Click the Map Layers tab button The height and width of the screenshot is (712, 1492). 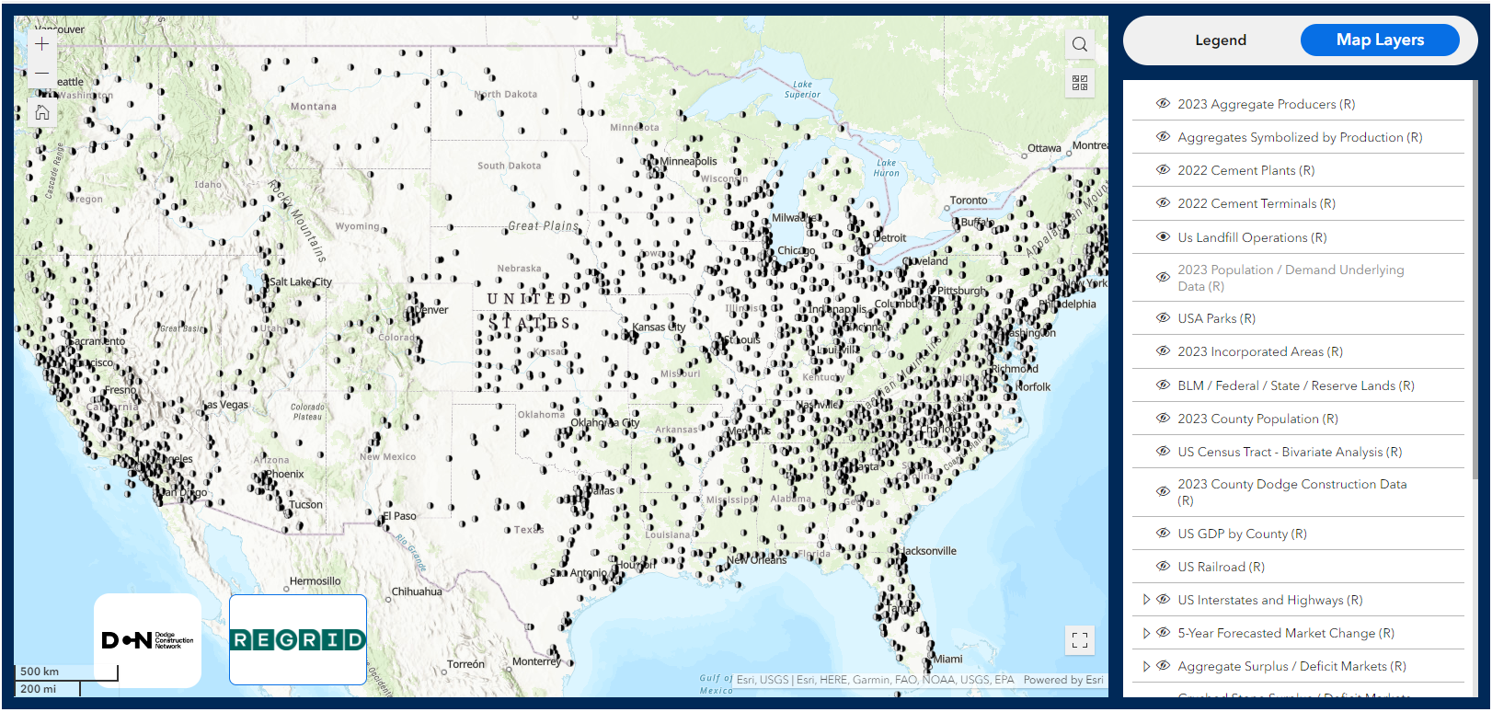click(x=1379, y=40)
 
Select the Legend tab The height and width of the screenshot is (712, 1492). click(x=1220, y=40)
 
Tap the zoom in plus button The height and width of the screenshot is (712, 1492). click(x=42, y=43)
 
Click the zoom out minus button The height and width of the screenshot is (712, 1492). click(x=42, y=73)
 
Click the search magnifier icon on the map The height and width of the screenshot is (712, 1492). click(x=1079, y=44)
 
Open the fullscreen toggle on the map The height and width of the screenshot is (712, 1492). click(x=1079, y=639)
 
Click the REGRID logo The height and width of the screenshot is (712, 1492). click(x=298, y=639)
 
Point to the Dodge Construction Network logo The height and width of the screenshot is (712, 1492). click(x=147, y=640)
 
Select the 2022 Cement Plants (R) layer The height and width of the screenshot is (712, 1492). click(x=1245, y=170)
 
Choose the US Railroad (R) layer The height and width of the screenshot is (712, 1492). click(x=1221, y=567)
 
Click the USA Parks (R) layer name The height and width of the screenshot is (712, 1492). click(x=1216, y=318)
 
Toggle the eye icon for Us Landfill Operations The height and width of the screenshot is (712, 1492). click(x=1163, y=237)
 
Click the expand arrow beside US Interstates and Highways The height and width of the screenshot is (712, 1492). click(x=1146, y=600)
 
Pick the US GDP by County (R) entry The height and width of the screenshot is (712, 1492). click(x=1242, y=534)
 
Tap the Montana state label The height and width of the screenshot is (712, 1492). click(x=314, y=107)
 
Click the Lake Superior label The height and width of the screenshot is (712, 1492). click(x=802, y=89)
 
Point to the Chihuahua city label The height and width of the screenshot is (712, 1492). click(x=417, y=591)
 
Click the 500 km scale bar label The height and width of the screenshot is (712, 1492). click(x=40, y=672)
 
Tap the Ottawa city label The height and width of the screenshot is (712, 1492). click(x=1044, y=148)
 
